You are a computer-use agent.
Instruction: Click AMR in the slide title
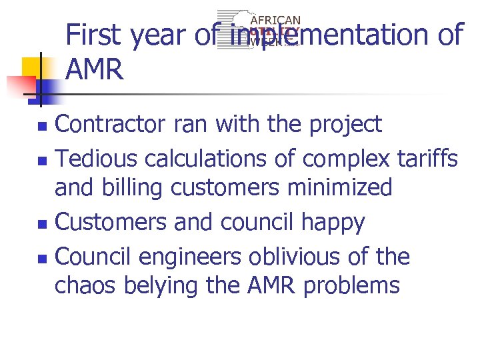tap(95, 69)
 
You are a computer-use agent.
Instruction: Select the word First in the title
tap(95, 35)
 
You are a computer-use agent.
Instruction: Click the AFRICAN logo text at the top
tap(275, 21)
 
